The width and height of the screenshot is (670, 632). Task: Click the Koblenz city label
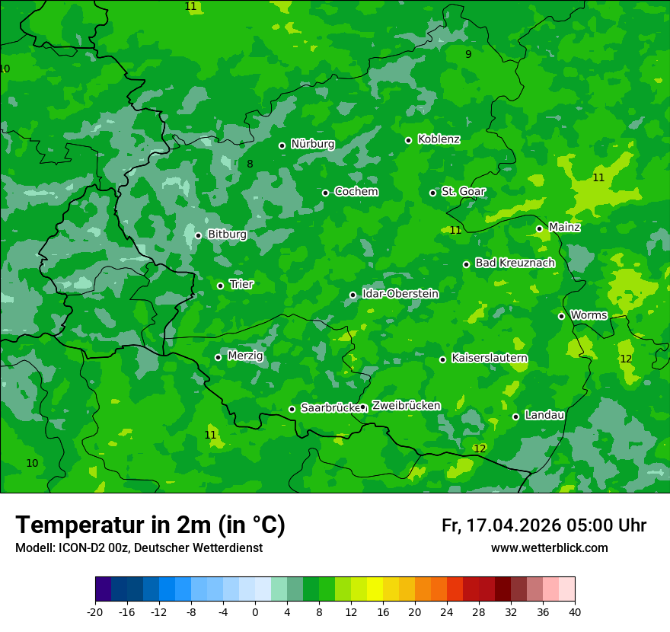[x=439, y=139]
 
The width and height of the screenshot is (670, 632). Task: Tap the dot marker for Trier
[x=221, y=286]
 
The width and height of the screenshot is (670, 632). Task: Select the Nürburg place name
[x=312, y=144]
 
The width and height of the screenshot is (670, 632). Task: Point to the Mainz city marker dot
[x=539, y=228]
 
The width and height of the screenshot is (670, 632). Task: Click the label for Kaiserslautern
[x=489, y=358]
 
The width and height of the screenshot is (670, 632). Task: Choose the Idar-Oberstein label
[x=400, y=294]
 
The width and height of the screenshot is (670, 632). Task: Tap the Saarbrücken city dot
[x=292, y=409]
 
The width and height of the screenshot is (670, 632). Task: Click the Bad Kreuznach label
[x=515, y=263]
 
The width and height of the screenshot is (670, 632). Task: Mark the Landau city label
[x=544, y=415]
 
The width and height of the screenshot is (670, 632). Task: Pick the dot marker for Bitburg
[x=198, y=235]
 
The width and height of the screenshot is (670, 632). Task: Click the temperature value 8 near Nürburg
[x=250, y=164]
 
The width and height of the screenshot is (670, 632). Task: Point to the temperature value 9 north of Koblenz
[x=468, y=54]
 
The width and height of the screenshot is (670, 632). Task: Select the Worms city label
[x=589, y=315]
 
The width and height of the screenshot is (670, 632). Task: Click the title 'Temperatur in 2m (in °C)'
[x=150, y=525]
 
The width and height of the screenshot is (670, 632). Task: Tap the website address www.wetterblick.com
[x=549, y=548]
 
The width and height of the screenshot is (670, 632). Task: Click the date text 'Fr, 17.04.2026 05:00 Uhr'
[x=544, y=525]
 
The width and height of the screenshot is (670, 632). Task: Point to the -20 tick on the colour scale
[x=95, y=611]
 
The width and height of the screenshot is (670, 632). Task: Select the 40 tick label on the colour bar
[x=575, y=611]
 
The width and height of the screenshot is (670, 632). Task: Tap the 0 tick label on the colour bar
[x=255, y=611]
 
